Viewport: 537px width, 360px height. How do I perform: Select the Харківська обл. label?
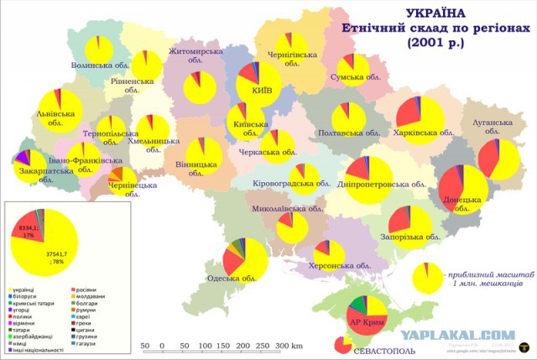[x=424, y=133]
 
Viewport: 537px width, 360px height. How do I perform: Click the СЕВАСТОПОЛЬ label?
[x=383, y=349]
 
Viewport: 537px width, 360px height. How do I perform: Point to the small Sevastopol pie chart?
[x=341, y=345]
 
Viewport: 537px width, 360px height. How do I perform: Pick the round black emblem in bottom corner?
[x=525, y=344]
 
